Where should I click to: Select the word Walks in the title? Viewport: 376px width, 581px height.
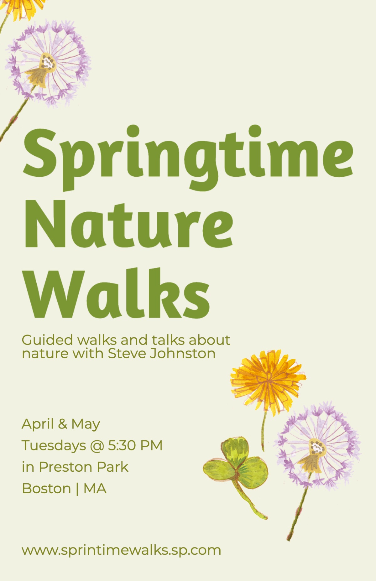point(117,293)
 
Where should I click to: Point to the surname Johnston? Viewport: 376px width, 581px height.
point(183,354)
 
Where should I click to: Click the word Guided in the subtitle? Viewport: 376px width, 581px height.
point(47,340)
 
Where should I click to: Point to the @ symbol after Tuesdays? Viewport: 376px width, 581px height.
point(97,446)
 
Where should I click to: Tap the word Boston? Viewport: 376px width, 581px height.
point(46,489)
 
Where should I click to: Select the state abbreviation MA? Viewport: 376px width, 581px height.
point(95,489)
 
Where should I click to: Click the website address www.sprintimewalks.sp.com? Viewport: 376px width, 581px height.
point(121,550)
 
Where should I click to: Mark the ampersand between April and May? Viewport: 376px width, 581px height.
point(62,424)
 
